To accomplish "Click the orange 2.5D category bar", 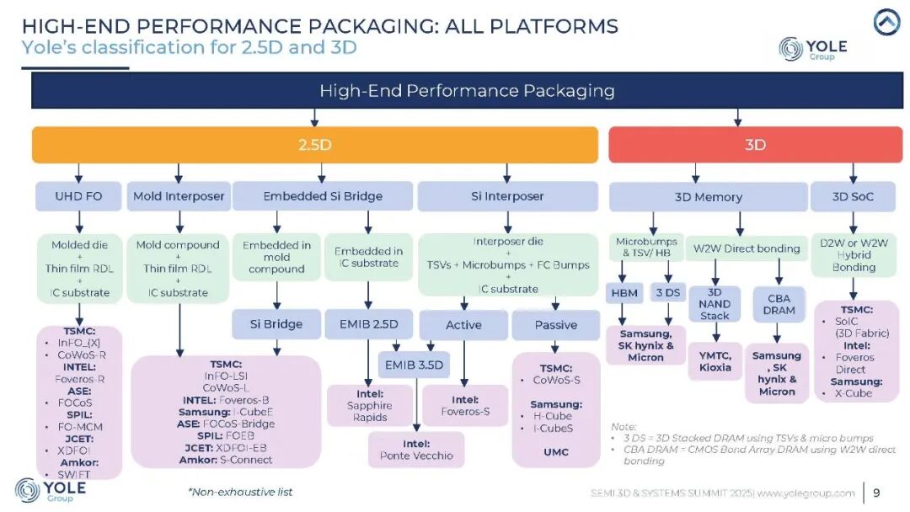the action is coord(314,144).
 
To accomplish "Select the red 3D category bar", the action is coord(755,144).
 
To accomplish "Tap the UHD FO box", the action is coord(78,196).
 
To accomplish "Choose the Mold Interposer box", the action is coord(179,196).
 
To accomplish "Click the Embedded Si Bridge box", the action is coord(323,196).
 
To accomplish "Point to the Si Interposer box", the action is coord(507,196).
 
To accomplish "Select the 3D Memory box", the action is coord(708,196).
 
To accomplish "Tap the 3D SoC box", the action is coord(853,196).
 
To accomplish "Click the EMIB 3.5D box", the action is coord(414,365).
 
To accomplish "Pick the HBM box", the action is coord(624,293).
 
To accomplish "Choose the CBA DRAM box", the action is coord(779,304).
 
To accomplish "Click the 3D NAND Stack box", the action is coord(715,304).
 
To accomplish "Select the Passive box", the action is coord(555,325).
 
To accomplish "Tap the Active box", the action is coord(463,325).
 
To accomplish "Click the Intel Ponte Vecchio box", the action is coord(416,450).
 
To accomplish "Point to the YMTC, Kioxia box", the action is coord(715,361).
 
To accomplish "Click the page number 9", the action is coord(876,493).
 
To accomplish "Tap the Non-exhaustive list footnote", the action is coord(240,493).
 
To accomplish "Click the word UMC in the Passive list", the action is coord(556,451).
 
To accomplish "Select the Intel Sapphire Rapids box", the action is coord(370,405).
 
